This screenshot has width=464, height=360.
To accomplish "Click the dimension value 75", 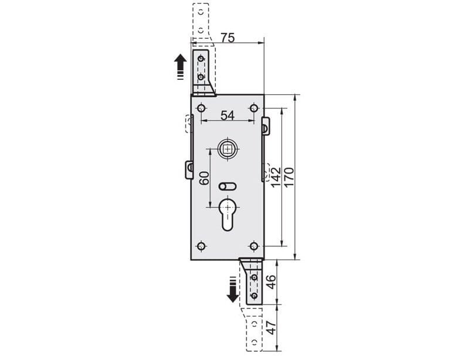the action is click(228, 38).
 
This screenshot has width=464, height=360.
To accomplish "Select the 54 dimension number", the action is click(228, 116).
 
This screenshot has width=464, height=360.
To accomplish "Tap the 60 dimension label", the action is click(204, 178).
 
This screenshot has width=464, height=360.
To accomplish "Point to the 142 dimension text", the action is click(276, 177).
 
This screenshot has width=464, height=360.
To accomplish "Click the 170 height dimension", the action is click(289, 177).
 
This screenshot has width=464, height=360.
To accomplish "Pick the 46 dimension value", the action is click(271, 282).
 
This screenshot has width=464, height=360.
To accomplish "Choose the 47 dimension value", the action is click(271, 328).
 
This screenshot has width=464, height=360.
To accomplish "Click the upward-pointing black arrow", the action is click(180, 67).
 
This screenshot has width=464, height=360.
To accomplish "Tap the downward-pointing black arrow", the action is click(233, 290).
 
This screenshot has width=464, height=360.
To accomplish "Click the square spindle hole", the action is click(227, 149).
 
